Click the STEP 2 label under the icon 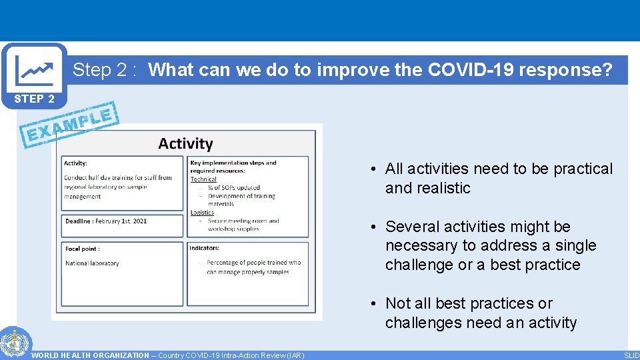pyautogui.click(x=34, y=99)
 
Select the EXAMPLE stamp pyautogui.click(x=71, y=125)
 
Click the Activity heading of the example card pyautogui.click(x=185, y=143)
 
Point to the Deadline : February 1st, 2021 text pyautogui.click(x=105, y=221)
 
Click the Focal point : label pyautogui.click(x=83, y=249)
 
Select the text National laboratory pyautogui.click(x=92, y=263)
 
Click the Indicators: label pyautogui.click(x=205, y=248)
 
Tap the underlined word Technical pyautogui.click(x=203, y=179)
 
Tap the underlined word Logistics pyautogui.click(x=202, y=213)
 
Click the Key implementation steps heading pyautogui.click(x=233, y=163)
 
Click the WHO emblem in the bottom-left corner pyautogui.click(x=12, y=343)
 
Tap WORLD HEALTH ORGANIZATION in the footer pyautogui.click(x=91, y=355)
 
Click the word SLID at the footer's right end pyautogui.click(x=631, y=355)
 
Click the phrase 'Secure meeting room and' pyautogui.click(x=243, y=221)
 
